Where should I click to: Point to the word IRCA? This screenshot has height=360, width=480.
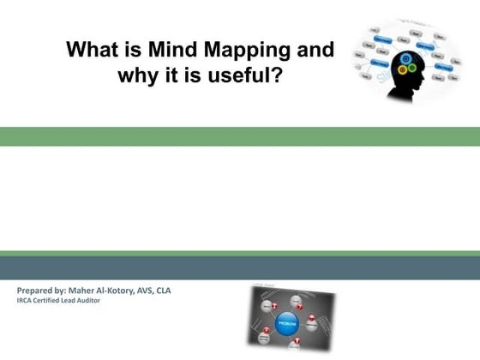point(25,300)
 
